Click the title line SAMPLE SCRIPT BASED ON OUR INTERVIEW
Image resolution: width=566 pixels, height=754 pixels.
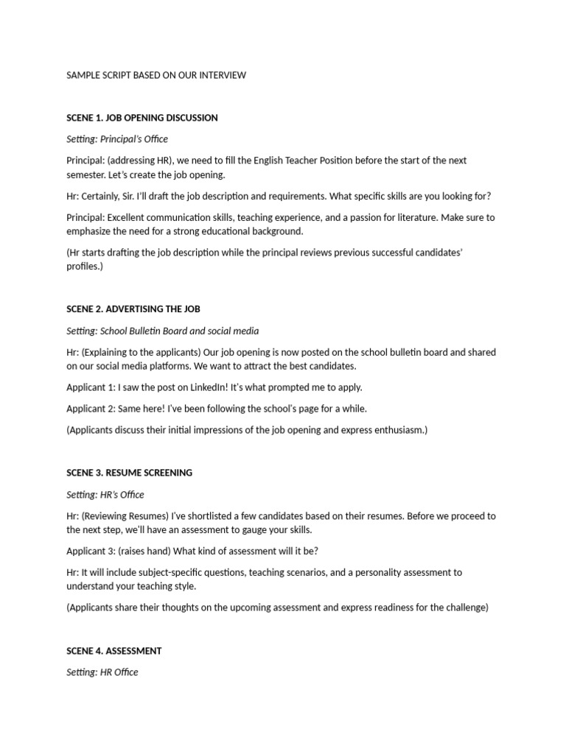point(156,75)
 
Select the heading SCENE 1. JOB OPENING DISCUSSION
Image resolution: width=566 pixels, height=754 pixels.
point(142,118)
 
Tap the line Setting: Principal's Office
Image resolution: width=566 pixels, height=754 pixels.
point(117,139)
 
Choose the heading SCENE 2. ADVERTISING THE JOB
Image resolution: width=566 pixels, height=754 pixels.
point(133,309)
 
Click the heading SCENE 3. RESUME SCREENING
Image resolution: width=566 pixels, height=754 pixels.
point(129,473)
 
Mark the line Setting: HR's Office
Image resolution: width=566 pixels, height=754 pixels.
point(105,494)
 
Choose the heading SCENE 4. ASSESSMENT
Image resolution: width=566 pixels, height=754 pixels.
point(114,651)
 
